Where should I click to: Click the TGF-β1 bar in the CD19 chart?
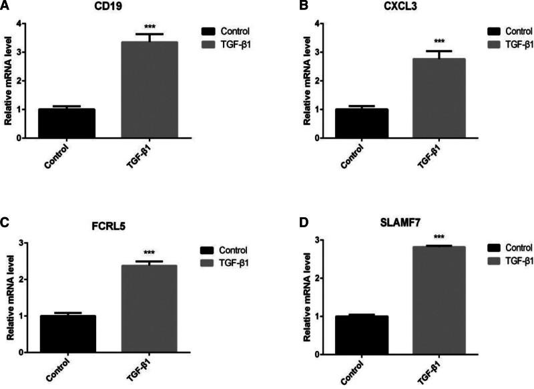[149, 90]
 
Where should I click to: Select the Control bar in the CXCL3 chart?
[360, 124]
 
